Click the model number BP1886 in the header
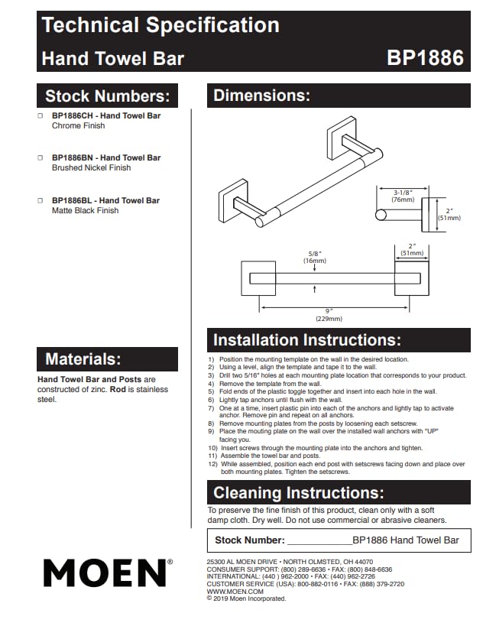425,57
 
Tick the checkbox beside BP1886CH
40,115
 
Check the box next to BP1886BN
40,157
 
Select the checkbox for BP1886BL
40,200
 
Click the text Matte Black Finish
85,210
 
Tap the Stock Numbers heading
108,96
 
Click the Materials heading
83,359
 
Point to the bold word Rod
118,389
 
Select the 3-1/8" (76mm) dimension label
403,196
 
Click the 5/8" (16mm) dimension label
315,257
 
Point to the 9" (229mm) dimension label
329,315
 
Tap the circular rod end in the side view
381,216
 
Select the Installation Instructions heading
307,340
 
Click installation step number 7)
211,408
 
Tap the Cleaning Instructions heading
299,493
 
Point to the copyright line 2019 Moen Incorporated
246,598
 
